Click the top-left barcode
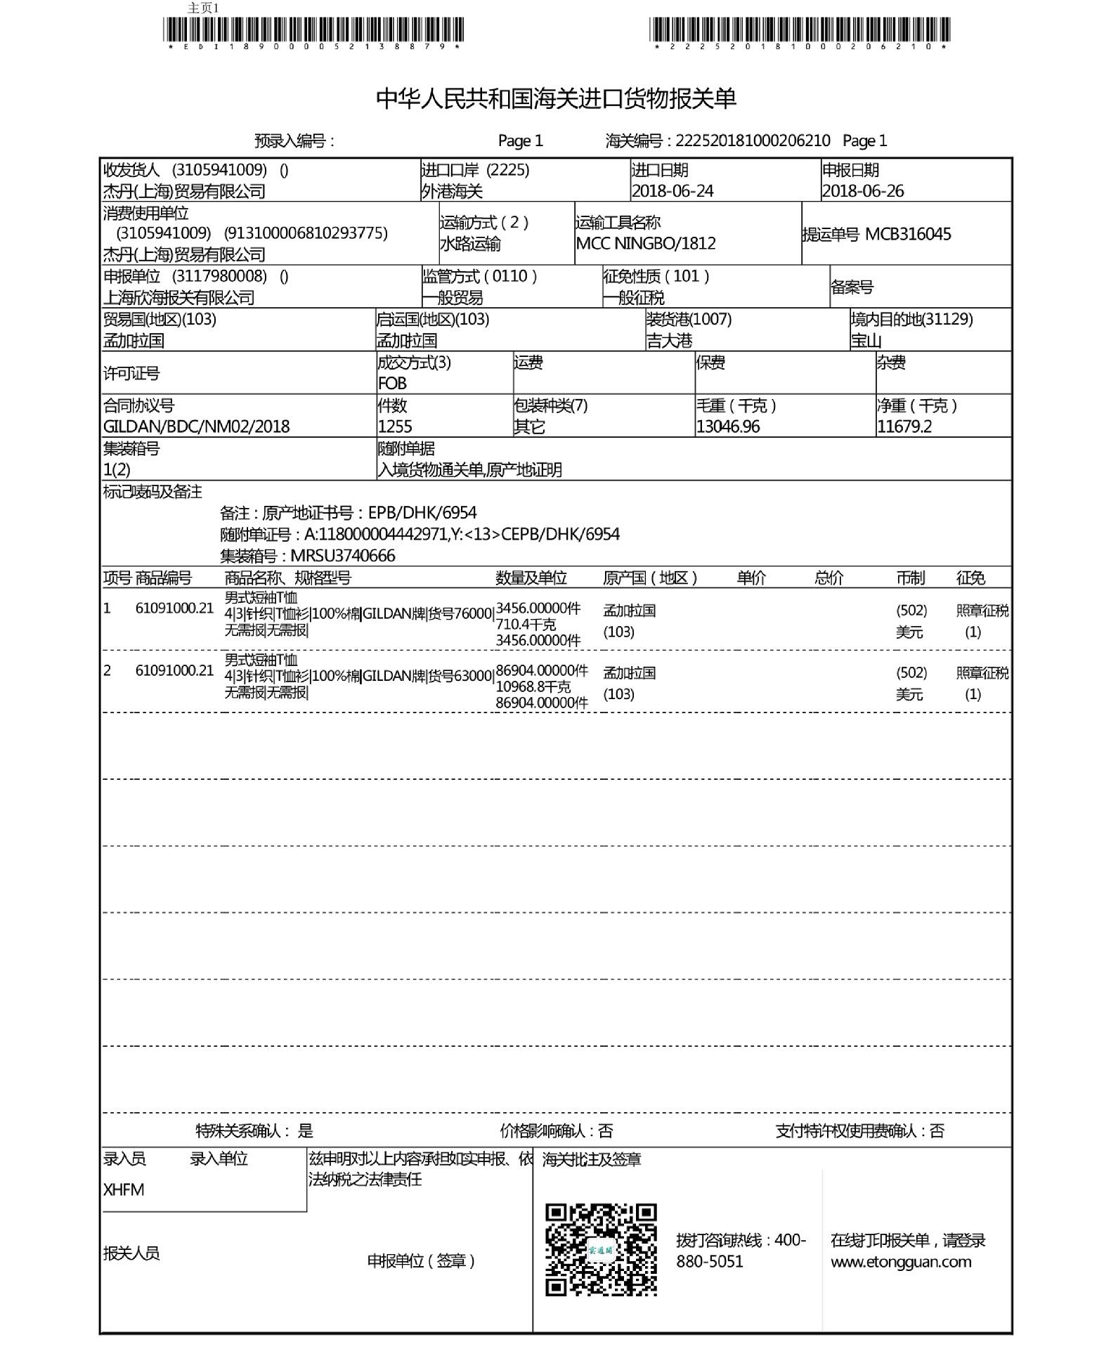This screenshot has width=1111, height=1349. (313, 30)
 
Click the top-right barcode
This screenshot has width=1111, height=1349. (800, 30)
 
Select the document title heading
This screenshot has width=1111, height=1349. (556, 98)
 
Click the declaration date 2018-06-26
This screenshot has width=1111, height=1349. (863, 191)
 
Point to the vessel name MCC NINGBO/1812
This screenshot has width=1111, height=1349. (646, 244)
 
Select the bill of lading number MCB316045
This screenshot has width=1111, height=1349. (908, 235)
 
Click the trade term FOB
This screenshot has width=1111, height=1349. (392, 384)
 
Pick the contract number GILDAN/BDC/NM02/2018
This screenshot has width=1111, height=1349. (196, 426)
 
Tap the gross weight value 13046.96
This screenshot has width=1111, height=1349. (728, 426)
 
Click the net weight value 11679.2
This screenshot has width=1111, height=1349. (904, 426)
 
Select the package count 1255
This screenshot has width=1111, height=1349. (395, 426)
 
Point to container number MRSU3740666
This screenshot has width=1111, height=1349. (343, 556)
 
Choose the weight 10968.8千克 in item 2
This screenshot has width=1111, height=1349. (533, 686)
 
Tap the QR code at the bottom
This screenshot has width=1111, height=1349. (601, 1249)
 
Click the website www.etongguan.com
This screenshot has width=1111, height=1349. (901, 1261)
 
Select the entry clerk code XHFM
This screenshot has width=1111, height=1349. (124, 1190)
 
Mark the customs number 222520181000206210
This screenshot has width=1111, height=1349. (753, 141)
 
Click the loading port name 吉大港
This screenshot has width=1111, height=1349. (670, 341)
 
